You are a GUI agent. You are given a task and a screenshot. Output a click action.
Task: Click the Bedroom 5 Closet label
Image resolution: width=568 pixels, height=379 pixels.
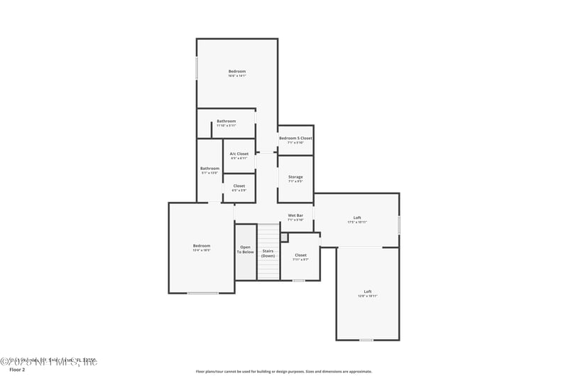[295, 138]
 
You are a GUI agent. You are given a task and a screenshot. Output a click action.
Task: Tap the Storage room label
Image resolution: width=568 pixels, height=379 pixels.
[295, 177]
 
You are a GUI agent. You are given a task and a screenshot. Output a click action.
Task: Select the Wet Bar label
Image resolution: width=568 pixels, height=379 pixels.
[295, 215]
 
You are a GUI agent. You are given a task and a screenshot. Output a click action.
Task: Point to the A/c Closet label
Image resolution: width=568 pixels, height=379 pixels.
[239, 154]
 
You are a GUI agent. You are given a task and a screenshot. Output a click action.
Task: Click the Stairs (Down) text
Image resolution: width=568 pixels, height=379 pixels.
[268, 253]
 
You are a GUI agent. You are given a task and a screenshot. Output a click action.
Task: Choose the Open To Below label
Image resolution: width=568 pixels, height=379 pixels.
[245, 250]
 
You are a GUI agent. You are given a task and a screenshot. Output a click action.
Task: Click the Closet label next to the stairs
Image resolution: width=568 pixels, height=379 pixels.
[300, 255]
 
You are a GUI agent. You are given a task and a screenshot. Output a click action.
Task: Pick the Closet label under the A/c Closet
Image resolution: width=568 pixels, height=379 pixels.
[239, 186]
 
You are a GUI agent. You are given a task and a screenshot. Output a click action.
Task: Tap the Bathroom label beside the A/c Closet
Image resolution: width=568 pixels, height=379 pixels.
[209, 169]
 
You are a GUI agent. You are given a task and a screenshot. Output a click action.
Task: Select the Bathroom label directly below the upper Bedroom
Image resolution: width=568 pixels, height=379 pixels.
[226, 121]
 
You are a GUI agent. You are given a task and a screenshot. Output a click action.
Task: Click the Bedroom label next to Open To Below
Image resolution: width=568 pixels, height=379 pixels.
[202, 246]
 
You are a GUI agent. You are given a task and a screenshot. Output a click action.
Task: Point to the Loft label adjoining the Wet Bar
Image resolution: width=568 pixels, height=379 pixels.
[357, 218]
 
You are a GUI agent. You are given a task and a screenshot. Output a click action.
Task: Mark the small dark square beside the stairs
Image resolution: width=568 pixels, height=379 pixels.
[284, 237]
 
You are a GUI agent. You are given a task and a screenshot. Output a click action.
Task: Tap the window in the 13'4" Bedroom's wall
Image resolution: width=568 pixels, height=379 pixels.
[202, 293]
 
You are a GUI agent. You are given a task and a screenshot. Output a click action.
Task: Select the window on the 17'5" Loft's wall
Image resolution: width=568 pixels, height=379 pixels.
[399, 225]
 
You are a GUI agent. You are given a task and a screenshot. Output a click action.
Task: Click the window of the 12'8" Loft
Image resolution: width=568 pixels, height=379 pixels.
[366, 340]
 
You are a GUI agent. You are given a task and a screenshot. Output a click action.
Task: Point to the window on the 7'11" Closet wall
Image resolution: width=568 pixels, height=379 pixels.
[299, 280]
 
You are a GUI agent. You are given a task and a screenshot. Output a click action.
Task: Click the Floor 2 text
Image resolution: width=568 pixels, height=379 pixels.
[17, 370]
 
